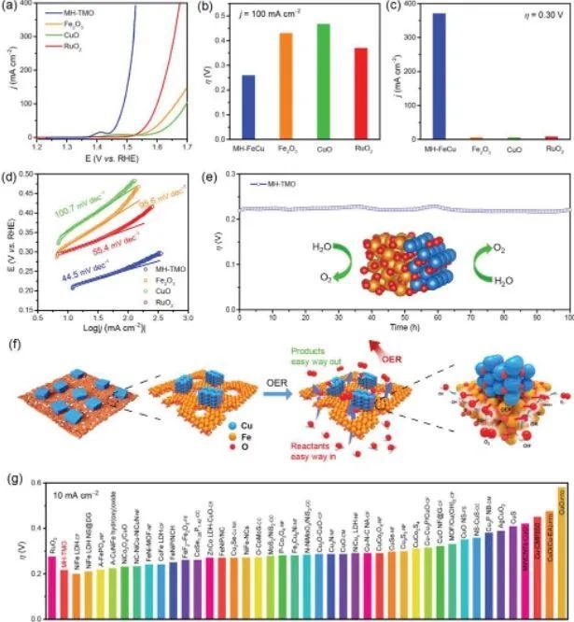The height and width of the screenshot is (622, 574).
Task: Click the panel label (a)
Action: coord(14,7)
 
